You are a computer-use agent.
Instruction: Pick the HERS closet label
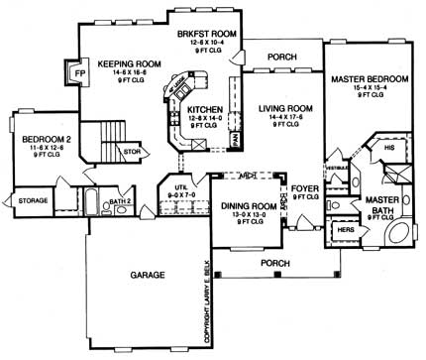(x=346, y=229)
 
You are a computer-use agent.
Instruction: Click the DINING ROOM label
(x=244, y=205)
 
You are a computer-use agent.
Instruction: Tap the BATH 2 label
(x=121, y=201)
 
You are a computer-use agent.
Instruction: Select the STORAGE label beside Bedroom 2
(x=33, y=200)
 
